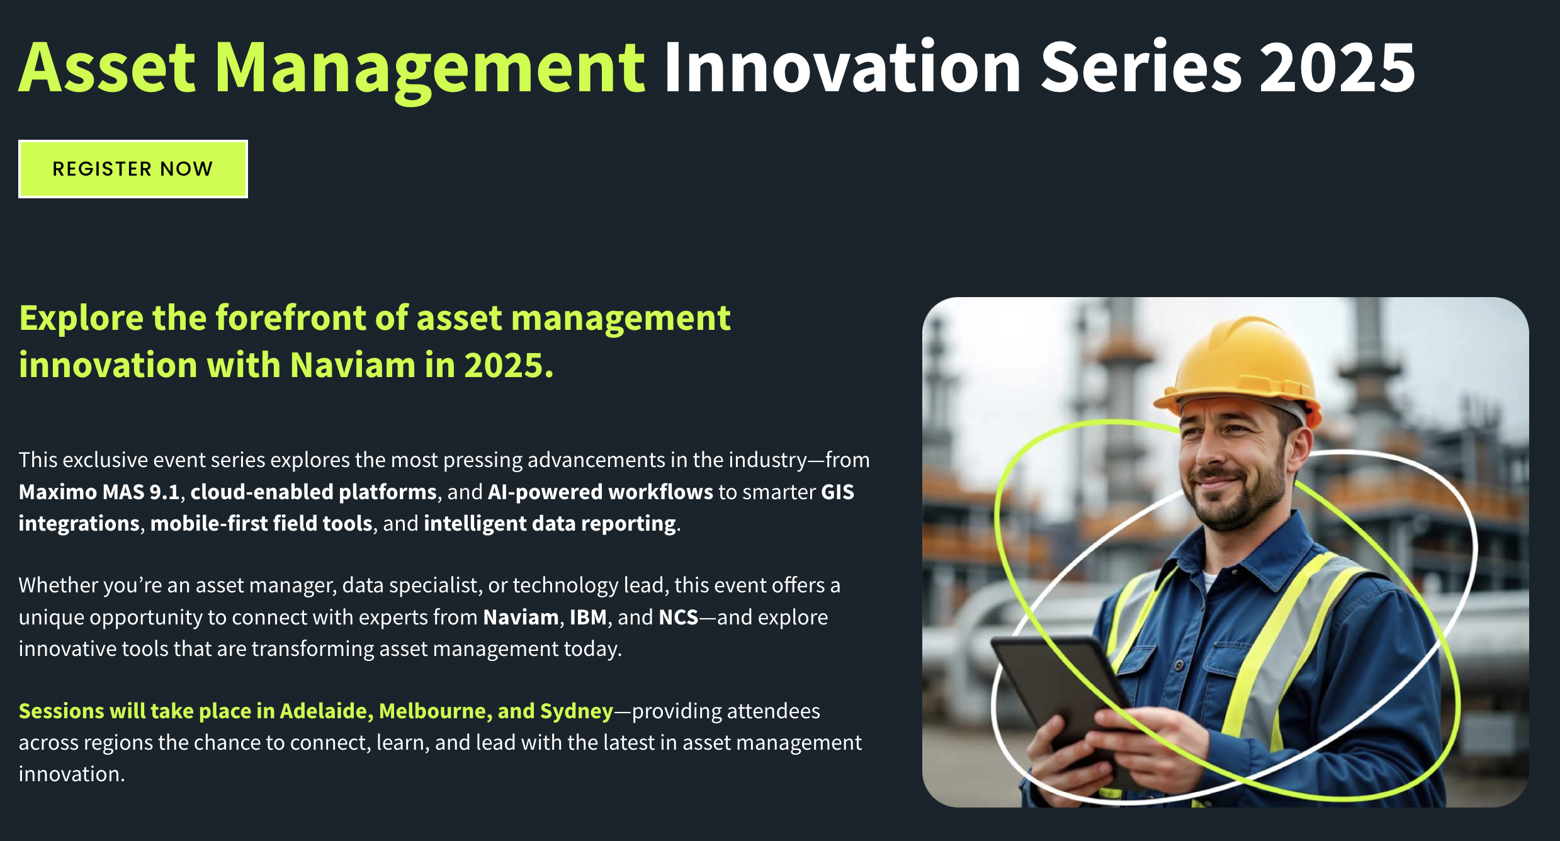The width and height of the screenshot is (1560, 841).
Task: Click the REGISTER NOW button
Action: [x=133, y=169]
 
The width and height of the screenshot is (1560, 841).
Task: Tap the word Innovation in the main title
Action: [x=842, y=68]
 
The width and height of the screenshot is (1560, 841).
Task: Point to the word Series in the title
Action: [x=1141, y=68]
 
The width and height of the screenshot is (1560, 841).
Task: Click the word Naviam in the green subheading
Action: [x=352, y=365]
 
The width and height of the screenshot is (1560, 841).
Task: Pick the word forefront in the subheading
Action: [x=292, y=317]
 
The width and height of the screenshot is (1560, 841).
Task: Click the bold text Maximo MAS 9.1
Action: [x=99, y=492]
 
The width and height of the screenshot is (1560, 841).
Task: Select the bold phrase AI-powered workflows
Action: [x=601, y=492]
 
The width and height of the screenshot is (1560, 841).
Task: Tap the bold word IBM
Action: [x=587, y=617]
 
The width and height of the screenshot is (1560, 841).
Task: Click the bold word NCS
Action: [x=678, y=617]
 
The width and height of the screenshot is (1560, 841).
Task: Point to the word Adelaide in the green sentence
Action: [x=323, y=711]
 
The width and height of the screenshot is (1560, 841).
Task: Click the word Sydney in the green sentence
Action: [x=576, y=711]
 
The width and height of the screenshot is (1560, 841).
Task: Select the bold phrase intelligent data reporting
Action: [x=550, y=523]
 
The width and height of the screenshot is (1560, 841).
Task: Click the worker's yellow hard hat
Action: [x=1243, y=365]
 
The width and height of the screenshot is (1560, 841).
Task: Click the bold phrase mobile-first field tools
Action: [x=261, y=523]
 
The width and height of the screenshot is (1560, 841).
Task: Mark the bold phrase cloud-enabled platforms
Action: [x=314, y=492]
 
